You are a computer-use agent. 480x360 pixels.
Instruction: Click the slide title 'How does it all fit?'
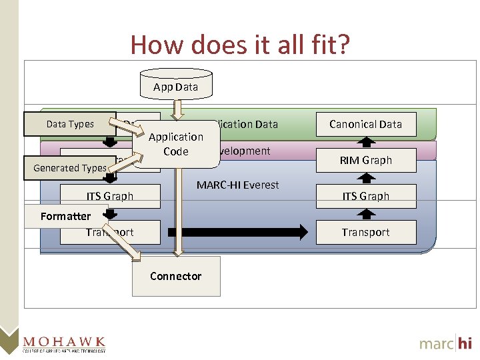click(x=240, y=45)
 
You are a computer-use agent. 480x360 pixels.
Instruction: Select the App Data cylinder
click(x=175, y=85)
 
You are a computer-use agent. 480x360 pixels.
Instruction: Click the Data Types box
click(x=70, y=124)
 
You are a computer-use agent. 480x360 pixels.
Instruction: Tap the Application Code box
click(x=176, y=144)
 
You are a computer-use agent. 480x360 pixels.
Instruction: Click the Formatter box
click(x=65, y=216)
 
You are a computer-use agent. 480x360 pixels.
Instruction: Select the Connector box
click(x=176, y=276)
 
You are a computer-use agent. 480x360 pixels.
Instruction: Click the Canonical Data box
click(x=365, y=124)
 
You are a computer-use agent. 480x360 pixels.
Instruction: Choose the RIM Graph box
click(x=365, y=160)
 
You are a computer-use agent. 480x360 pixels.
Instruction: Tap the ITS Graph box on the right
click(x=365, y=196)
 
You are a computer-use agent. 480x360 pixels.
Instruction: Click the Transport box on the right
click(x=365, y=232)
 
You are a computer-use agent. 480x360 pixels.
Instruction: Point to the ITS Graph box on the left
click(x=110, y=196)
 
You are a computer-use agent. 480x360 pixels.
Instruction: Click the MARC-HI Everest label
click(x=237, y=185)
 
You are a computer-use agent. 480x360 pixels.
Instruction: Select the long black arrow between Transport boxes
click(x=237, y=232)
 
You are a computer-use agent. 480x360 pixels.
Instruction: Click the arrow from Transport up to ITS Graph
click(x=365, y=214)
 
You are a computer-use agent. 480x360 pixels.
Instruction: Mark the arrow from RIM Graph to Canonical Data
click(x=365, y=141)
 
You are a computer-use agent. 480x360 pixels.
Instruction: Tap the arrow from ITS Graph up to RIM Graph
click(x=365, y=177)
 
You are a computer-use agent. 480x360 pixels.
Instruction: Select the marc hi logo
click(x=445, y=343)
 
